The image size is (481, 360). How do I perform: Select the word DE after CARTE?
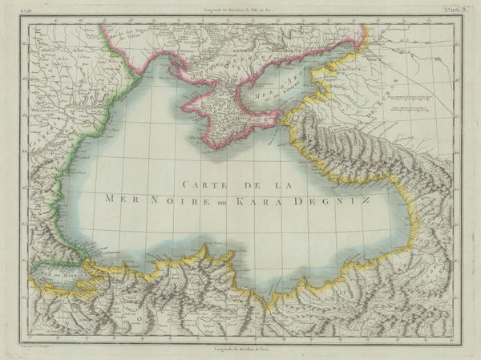click(x=246, y=183)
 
